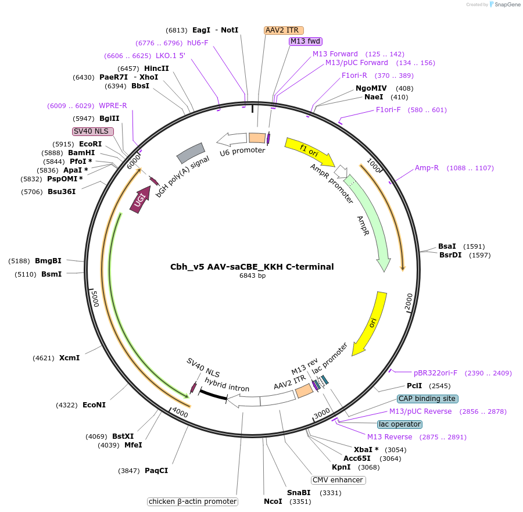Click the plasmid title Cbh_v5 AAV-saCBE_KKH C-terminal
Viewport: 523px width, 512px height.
point(252,267)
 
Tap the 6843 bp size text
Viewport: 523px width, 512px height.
point(252,276)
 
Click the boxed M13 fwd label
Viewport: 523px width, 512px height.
point(306,41)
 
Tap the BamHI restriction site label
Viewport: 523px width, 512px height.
point(81,153)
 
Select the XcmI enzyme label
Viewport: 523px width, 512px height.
point(69,358)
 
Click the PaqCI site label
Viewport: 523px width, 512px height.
point(156,471)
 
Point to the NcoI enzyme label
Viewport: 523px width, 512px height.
point(273,502)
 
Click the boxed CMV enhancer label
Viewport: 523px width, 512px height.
point(338,480)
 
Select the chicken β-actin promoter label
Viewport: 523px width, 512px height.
point(192,502)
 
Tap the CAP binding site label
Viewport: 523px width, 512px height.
point(428,399)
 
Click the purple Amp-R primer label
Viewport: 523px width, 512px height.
point(427,168)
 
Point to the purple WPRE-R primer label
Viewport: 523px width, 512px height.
point(113,105)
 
